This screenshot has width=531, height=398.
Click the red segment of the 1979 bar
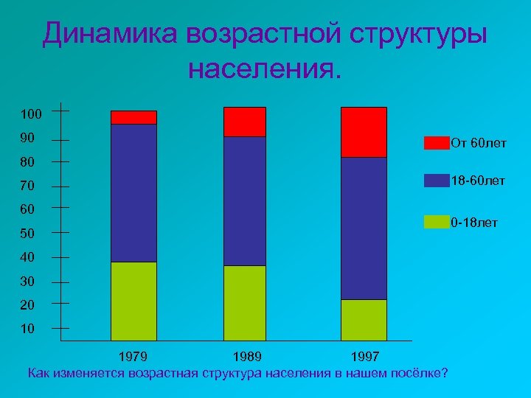(133, 117)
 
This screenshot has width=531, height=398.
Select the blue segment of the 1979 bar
(133, 193)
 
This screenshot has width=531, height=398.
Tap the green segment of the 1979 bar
(133, 301)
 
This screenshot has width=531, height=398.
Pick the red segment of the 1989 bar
(245, 122)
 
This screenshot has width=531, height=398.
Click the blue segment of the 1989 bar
(245, 201)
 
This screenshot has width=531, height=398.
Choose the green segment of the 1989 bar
(245, 302)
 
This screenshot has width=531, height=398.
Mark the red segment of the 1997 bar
(364, 132)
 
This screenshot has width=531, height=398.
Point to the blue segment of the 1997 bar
(364, 228)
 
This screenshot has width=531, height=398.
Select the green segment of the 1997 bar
(364, 319)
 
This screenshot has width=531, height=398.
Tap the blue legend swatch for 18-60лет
(436, 181)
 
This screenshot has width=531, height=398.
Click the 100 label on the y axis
(32, 114)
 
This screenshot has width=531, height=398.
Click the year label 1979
(133, 357)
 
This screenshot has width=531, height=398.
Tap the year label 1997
(364, 357)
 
